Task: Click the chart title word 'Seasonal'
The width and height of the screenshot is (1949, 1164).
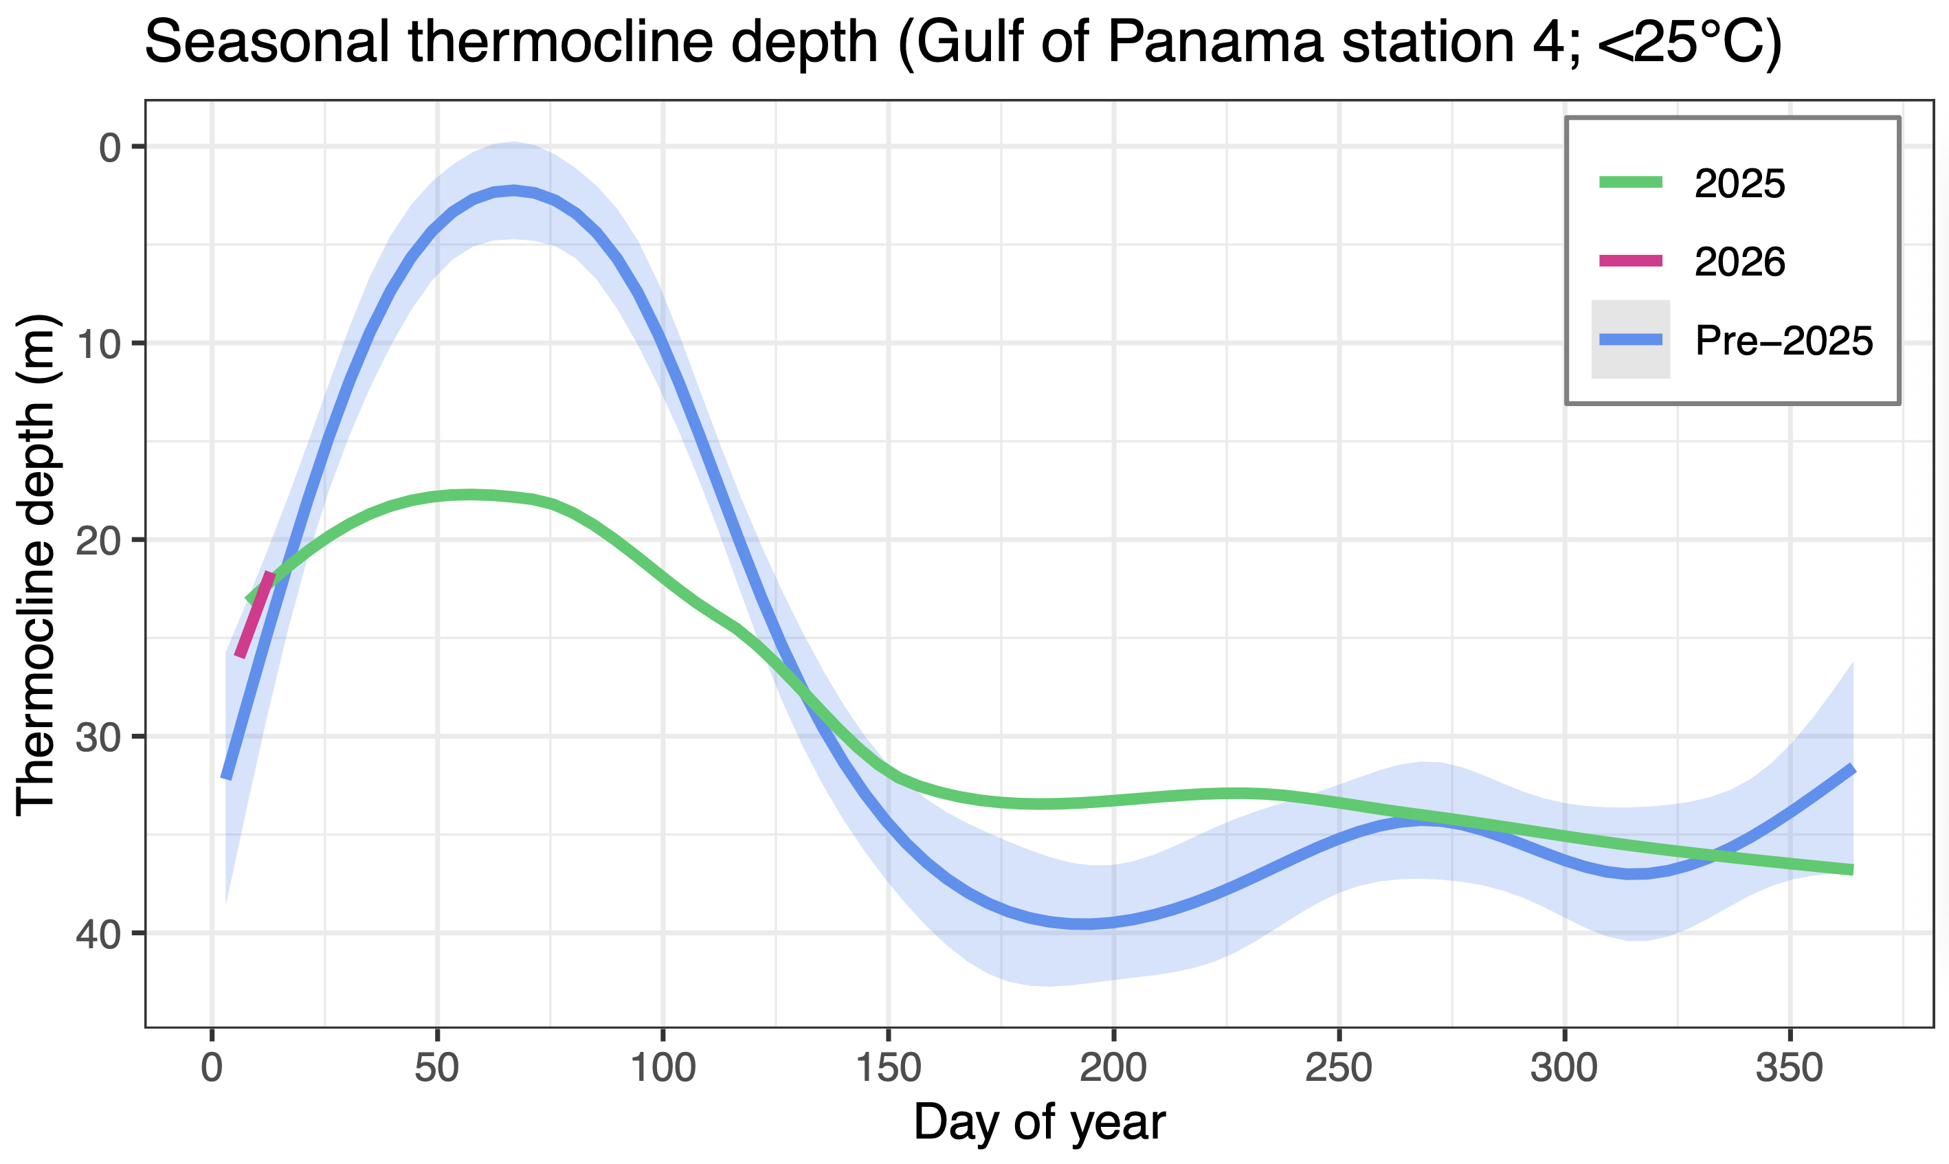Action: click(267, 43)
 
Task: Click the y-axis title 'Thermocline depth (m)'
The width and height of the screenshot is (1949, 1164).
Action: click(36, 565)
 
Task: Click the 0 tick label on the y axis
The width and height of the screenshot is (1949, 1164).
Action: click(109, 146)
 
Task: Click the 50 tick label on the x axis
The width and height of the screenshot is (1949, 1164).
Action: click(437, 1068)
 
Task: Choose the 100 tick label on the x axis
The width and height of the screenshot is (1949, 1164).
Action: click(662, 1068)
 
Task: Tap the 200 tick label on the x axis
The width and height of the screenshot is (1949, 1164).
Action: click(1114, 1068)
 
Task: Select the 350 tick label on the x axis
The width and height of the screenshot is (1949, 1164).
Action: click(1790, 1068)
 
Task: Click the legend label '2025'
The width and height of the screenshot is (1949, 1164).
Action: click(1739, 183)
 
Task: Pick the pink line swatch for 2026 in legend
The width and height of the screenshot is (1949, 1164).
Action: click(1631, 261)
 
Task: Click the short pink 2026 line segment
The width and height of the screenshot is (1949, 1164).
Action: click(256, 615)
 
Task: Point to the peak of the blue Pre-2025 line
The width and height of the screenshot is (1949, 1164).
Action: click(514, 190)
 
